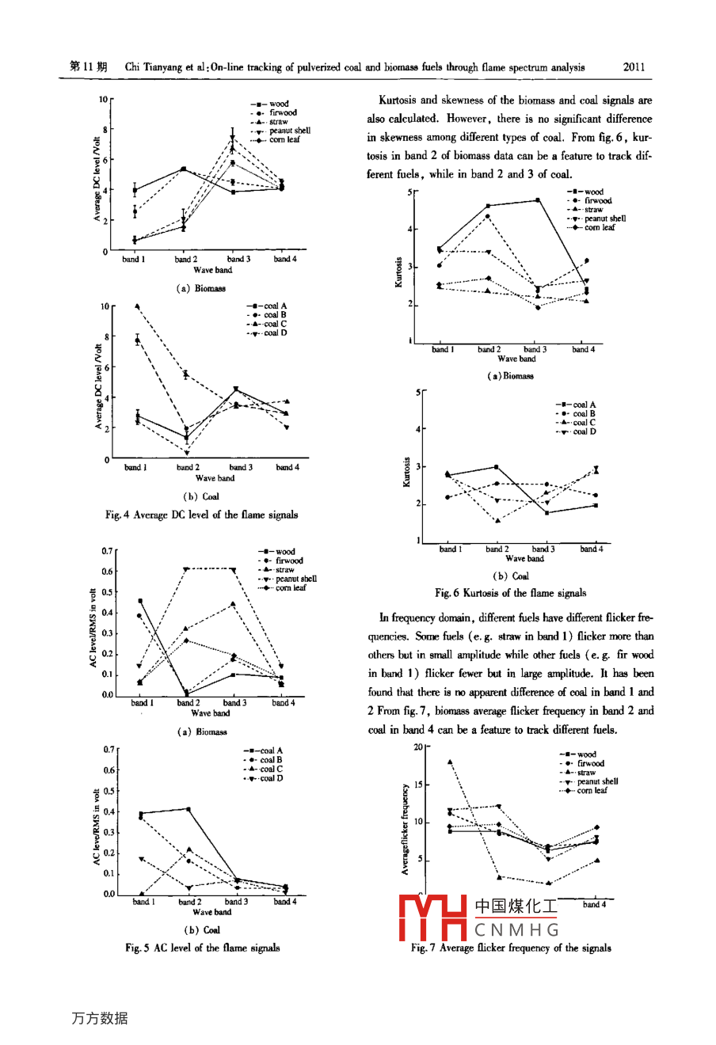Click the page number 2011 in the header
pos(634,67)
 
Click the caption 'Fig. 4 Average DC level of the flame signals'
pos(201,515)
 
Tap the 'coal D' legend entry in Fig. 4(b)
pos(275,333)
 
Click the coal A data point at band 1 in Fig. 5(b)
pos(141,814)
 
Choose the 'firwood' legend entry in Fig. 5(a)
pos(289,560)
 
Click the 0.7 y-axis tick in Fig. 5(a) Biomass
pos(107,550)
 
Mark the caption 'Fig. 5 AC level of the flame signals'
pos(202,948)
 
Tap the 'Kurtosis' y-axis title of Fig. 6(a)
pos(399,272)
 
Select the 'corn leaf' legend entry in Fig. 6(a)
pos(600,227)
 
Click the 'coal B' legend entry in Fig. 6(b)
pos(584,413)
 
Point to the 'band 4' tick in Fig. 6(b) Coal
pos(591,549)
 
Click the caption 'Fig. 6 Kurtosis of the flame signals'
pos(510,593)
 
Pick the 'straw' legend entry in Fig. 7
pos(586,773)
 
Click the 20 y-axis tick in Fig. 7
pos(418,747)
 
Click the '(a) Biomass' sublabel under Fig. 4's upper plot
pos(200,288)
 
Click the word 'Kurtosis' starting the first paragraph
pos(397,101)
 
